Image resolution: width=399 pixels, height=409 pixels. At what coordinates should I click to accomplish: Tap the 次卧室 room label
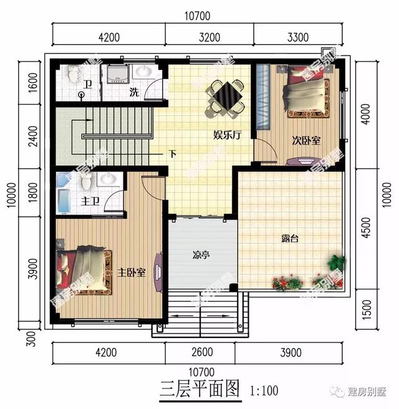click(x=306, y=141)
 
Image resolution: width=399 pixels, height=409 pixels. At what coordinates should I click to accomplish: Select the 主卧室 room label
click(x=132, y=272)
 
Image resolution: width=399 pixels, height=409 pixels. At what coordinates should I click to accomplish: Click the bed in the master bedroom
click(x=85, y=271)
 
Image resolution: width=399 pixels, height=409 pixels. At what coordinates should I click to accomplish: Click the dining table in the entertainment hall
click(x=224, y=97)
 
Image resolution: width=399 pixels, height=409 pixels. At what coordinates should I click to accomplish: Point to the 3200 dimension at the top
click(x=209, y=37)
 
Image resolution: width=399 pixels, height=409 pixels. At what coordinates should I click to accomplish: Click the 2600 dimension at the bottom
click(x=199, y=352)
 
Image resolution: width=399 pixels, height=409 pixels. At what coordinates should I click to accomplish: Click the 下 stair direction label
click(x=171, y=153)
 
